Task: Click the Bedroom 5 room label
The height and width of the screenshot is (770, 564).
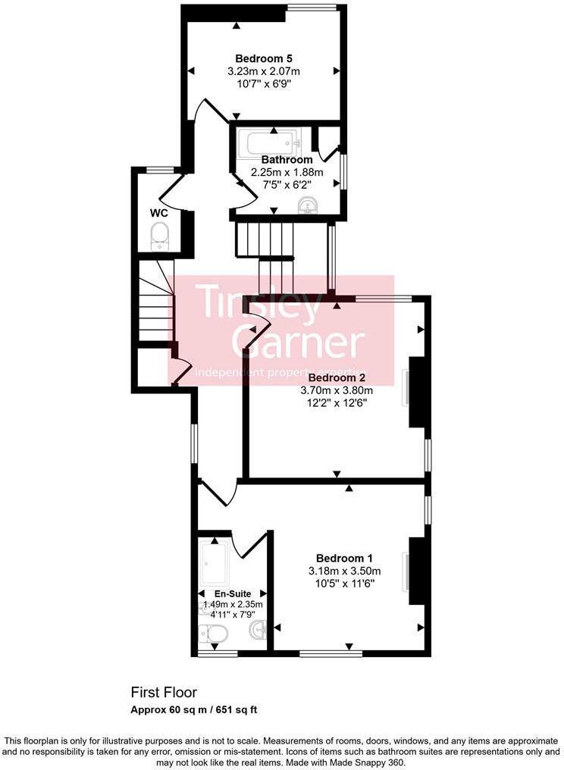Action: (264, 58)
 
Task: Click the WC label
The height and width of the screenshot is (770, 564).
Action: (158, 213)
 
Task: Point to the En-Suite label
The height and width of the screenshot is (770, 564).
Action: (232, 593)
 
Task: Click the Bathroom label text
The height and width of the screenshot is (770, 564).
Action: (287, 160)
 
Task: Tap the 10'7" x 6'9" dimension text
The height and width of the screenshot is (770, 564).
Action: (264, 83)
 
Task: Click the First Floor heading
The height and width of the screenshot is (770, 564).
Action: (164, 692)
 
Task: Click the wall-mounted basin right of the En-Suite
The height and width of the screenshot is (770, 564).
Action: (260, 629)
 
